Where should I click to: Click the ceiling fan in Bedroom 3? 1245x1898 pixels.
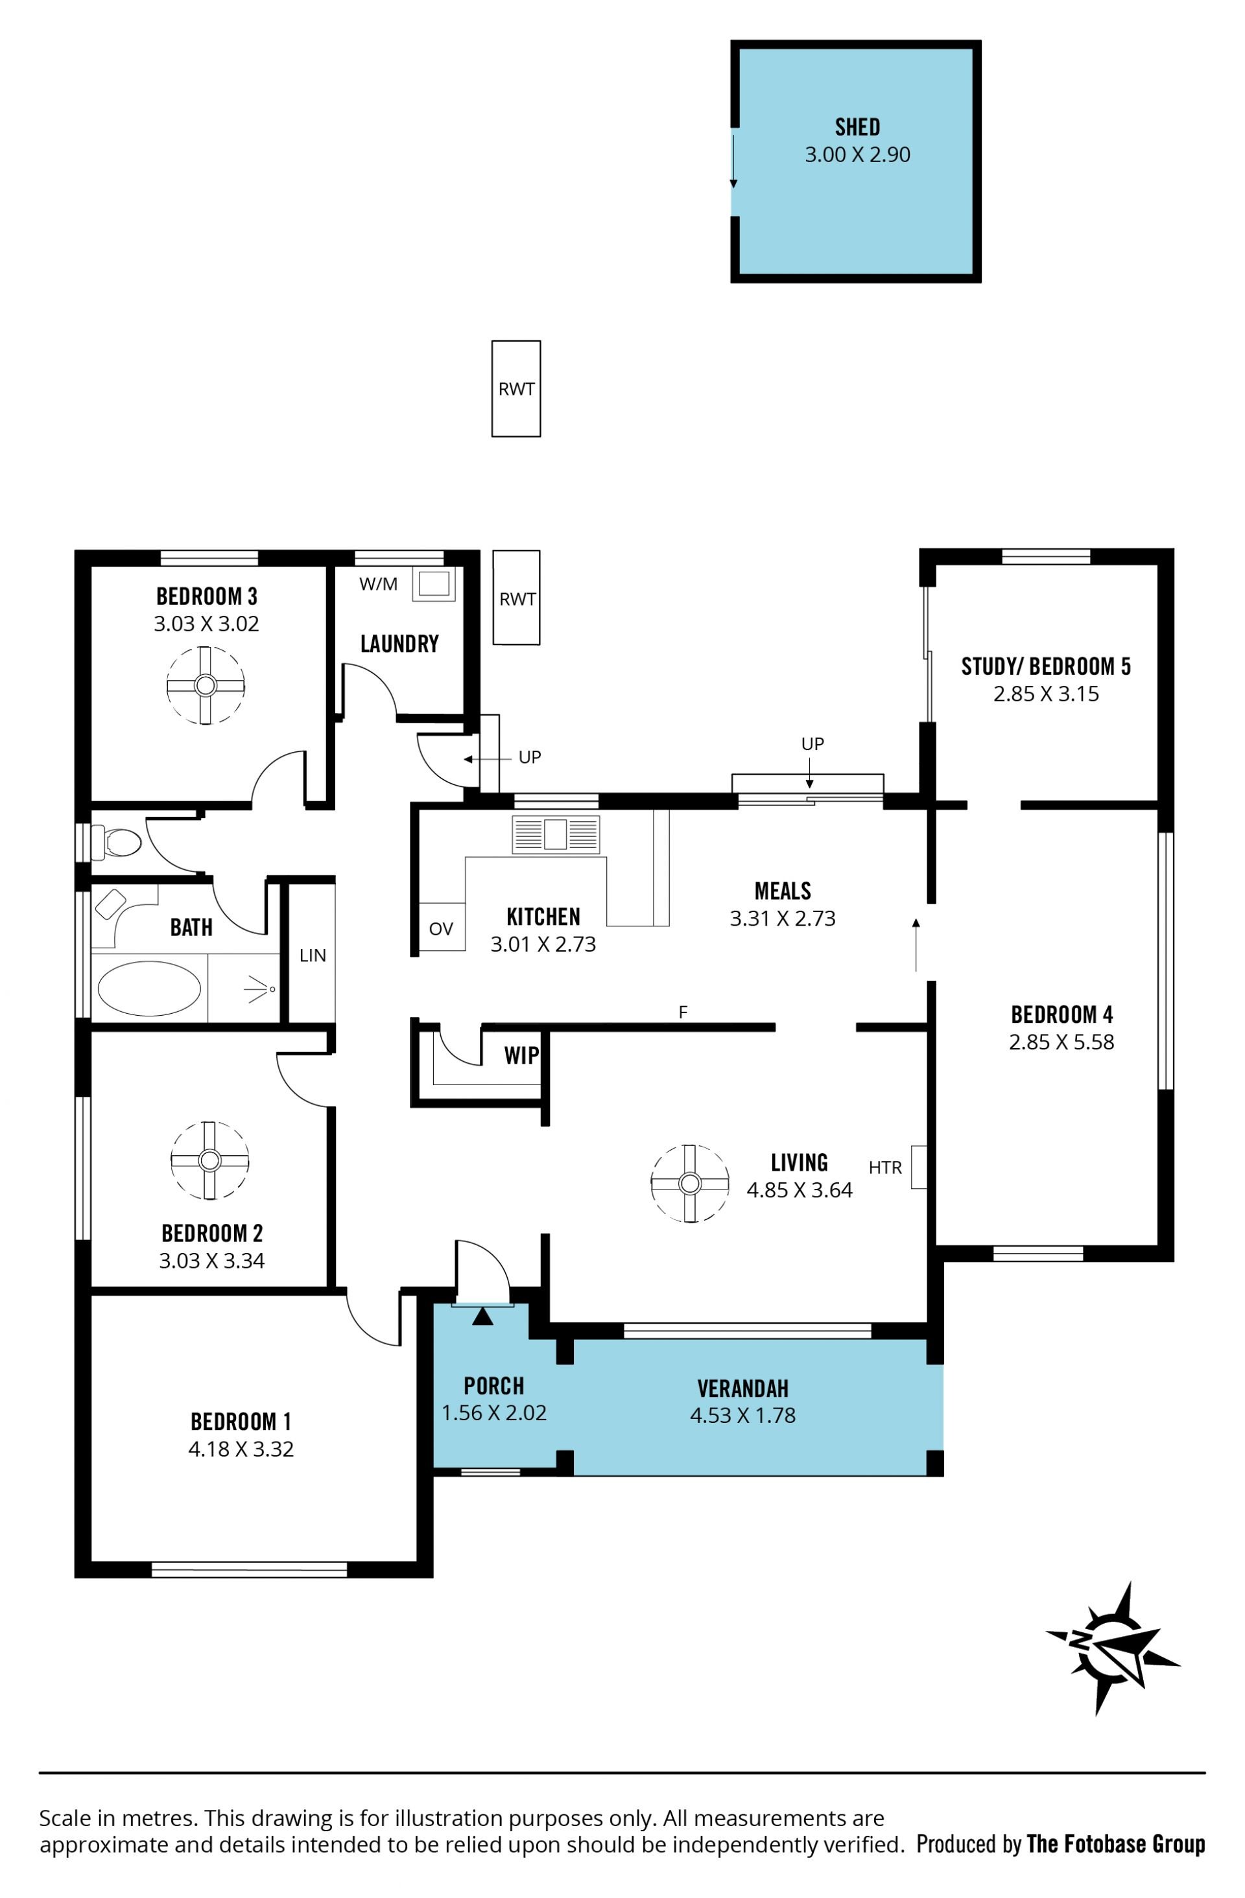pos(205,685)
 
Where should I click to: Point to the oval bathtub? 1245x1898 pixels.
pos(149,988)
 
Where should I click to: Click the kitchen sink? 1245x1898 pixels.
pos(555,834)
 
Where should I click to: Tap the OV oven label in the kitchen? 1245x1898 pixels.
pos(440,928)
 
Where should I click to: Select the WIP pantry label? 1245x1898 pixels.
pos(521,1056)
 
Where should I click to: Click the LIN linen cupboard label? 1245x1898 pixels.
pos(313,955)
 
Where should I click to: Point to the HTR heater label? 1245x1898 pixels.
pos(884,1167)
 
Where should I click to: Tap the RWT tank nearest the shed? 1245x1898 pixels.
pos(516,388)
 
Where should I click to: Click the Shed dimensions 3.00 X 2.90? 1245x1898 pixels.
pos(857,155)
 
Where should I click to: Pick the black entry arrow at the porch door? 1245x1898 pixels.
pos(482,1316)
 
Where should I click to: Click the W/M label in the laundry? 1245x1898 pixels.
pos(378,584)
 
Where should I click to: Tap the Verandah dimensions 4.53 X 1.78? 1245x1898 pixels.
pos(742,1416)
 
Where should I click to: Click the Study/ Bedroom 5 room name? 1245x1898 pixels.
pos(1046,666)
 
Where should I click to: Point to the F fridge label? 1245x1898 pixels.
pos(683,1012)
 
